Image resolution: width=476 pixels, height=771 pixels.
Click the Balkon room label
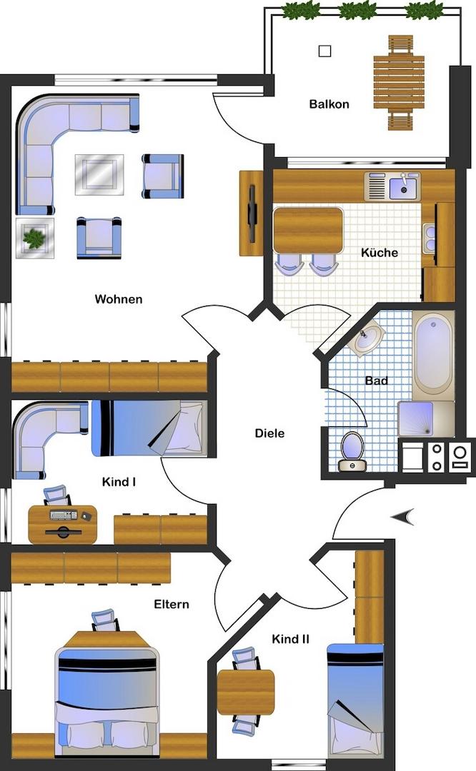pyautogui.click(x=329, y=104)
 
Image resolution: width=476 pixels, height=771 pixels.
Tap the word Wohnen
pyautogui.click(x=119, y=299)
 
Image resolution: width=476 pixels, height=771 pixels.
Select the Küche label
pyautogui.click(x=380, y=252)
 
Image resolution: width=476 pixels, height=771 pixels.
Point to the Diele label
pyautogui.click(x=269, y=433)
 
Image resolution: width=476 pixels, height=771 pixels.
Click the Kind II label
pyautogui.click(x=290, y=639)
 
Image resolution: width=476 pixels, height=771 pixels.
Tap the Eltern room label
pyautogui.click(x=172, y=605)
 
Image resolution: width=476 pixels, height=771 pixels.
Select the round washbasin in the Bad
pyautogui.click(x=367, y=336)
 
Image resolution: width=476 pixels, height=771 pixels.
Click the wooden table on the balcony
pyautogui.click(x=399, y=82)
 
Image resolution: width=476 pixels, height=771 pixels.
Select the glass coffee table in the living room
pyautogui.click(x=99, y=175)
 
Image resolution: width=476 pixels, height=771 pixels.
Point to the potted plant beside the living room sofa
pyautogui.click(x=34, y=238)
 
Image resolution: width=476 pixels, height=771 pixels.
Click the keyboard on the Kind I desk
pyautogui.click(x=64, y=515)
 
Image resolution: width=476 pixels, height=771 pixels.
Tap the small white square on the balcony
pyautogui.click(x=325, y=51)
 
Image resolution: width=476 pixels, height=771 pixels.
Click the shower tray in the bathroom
pyautogui.click(x=417, y=419)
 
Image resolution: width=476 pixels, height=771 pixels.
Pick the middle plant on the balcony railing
pyautogui.click(x=357, y=10)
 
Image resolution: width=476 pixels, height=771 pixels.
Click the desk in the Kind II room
pyautogui.click(x=246, y=692)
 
